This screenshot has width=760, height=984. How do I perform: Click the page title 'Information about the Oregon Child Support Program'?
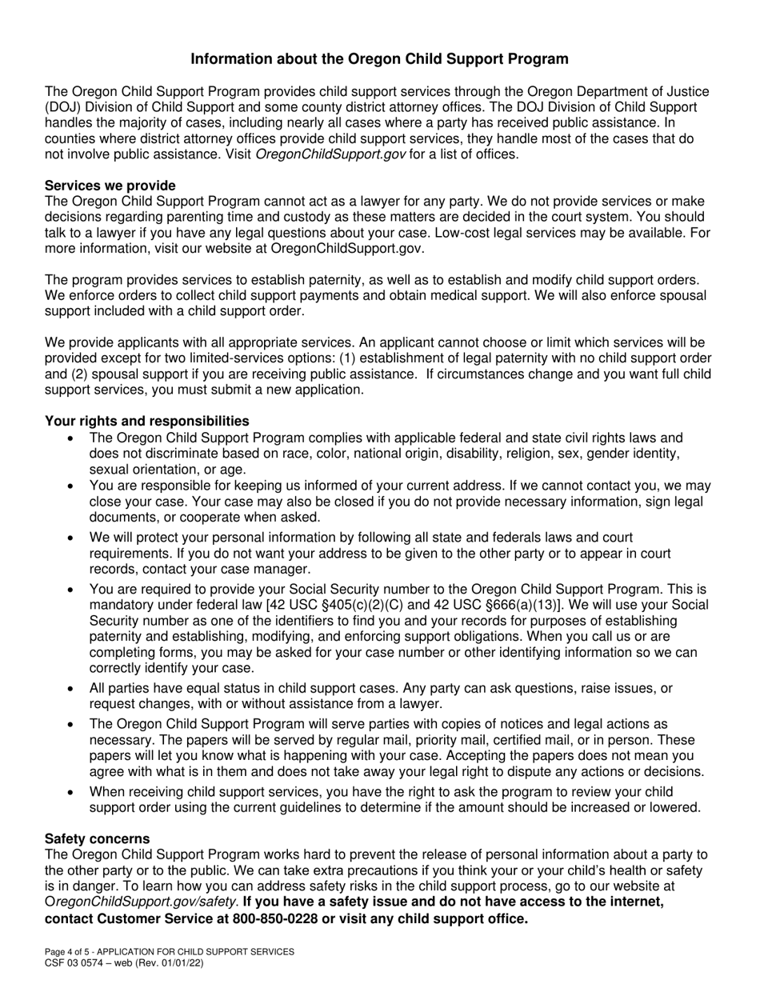pyautogui.click(x=380, y=59)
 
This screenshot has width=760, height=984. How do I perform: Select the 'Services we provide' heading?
pyautogui.click(x=110, y=186)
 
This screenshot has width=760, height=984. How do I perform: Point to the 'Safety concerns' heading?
pyautogui.click(x=97, y=838)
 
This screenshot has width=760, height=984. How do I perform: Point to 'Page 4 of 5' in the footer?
pyautogui.click(x=70, y=952)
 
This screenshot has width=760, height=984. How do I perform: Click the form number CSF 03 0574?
pyautogui.click(x=78, y=964)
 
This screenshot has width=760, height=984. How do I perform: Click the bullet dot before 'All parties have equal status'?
pyautogui.click(x=73, y=689)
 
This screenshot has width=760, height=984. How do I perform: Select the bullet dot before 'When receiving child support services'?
pyautogui.click(x=73, y=791)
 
